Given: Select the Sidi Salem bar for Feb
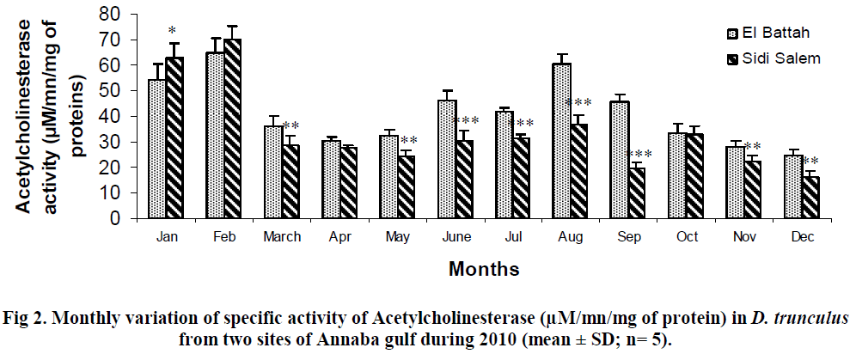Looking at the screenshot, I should (233, 129).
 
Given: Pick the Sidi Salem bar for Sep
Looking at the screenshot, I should (636, 193).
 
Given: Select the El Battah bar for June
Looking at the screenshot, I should (446, 159).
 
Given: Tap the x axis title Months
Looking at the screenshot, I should (484, 269).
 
